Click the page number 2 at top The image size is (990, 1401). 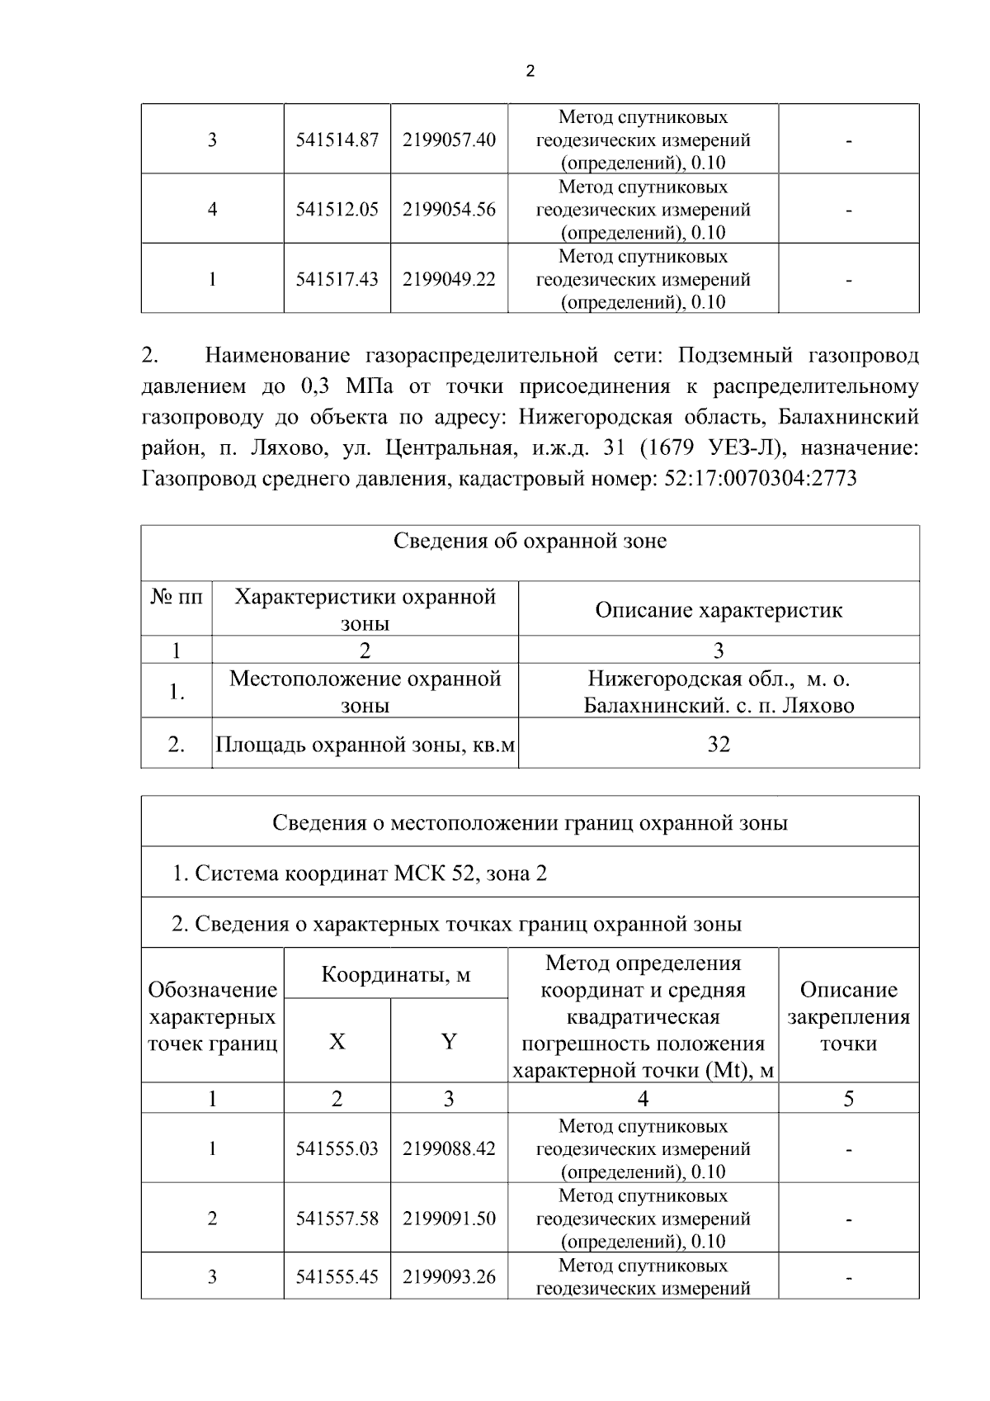530,72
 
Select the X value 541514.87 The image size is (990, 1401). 337,140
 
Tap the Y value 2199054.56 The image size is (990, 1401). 449,210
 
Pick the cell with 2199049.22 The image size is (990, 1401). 449,280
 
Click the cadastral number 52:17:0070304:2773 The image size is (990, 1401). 760,478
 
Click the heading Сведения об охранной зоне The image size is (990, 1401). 530,542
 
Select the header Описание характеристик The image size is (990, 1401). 719,610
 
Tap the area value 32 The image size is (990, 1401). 719,745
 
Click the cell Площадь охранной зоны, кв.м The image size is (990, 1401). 365,745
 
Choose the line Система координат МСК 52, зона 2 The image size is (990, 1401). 360,873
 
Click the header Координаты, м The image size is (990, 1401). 395,975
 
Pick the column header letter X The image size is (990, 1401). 337,1042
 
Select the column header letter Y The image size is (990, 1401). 449,1042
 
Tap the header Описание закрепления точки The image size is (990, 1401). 848,1016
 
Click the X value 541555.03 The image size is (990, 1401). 337,1149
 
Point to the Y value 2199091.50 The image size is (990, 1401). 449,1219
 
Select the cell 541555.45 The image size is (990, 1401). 337,1277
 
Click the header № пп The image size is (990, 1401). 176,597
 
